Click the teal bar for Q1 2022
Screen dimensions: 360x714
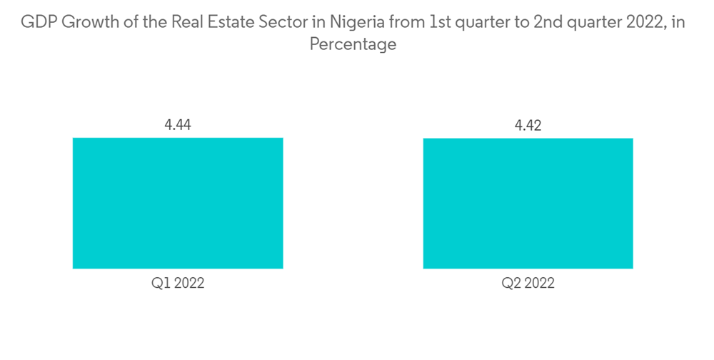(x=178, y=203)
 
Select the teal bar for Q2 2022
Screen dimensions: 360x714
(x=528, y=203)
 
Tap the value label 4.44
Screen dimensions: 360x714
(x=178, y=125)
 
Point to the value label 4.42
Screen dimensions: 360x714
(x=528, y=126)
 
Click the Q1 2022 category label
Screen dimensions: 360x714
(x=178, y=283)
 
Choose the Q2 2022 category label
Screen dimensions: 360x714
(x=528, y=283)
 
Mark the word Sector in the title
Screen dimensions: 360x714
(x=280, y=23)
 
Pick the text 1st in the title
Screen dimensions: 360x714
(x=439, y=23)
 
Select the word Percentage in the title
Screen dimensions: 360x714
(x=353, y=44)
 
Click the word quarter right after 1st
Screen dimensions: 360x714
(x=481, y=24)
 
